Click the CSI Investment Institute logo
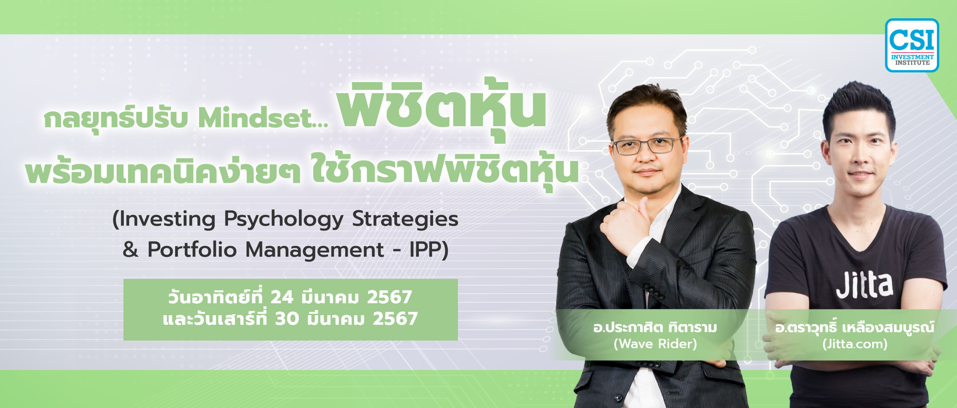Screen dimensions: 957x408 [x=912, y=45]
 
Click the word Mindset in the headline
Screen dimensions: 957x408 [x=263, y=118]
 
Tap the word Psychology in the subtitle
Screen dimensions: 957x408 [x=283, y=220]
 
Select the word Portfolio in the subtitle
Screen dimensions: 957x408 [x=192, y=250]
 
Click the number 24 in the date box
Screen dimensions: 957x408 [x=282, y=298]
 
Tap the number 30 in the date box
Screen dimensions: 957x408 [x=287, y=319]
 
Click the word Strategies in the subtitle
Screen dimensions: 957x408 [x=405, y=220]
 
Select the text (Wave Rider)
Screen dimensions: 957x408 [x=655, y=344]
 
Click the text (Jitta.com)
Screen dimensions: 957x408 [x=855, y=344]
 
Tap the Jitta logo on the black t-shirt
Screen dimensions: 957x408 [x=865, y=286]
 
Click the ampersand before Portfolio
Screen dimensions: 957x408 [x=131, y=250]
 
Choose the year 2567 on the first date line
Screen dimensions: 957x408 [x=389, y=298]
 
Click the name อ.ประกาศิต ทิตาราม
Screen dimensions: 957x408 [x=655, y=328]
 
